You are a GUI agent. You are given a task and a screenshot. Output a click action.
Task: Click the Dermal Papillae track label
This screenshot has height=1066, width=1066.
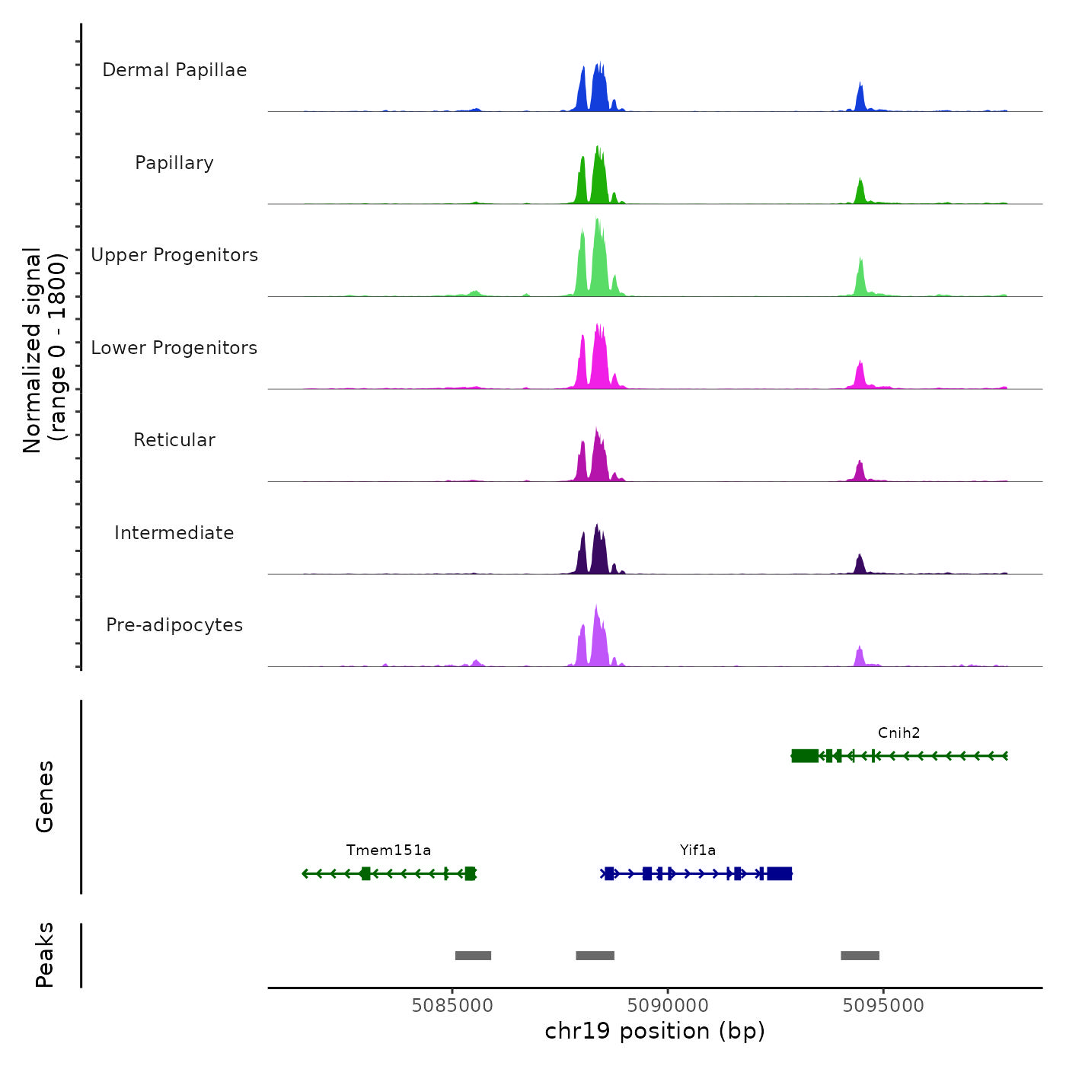point(174,70)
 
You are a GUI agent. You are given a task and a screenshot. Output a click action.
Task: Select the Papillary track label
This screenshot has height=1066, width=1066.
point(174,163)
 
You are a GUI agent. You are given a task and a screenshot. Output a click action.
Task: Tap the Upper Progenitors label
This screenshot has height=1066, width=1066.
point(174,255)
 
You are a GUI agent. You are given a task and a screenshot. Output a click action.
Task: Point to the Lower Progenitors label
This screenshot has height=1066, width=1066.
point(174,348)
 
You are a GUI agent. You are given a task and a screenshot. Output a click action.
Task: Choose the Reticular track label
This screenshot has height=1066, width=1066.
point(174,440)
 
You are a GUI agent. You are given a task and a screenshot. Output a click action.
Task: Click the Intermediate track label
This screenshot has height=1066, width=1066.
point(174,533)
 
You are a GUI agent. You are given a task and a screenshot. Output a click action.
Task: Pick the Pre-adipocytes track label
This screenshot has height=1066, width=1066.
point(174,625)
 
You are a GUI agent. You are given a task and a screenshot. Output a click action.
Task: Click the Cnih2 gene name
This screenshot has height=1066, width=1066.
point(898,733)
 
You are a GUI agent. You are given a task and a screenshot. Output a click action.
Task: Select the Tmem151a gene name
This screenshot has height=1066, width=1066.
point(388,851)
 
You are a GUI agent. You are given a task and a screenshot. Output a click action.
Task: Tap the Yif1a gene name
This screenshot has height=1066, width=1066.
point(697,851)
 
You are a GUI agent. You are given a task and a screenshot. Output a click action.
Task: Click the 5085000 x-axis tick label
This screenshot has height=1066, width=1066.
point(452,1006)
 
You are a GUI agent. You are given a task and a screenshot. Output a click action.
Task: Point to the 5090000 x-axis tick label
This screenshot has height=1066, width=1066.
point(668,1006)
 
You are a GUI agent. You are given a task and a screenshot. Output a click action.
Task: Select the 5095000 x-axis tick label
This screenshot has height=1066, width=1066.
point(883,1006)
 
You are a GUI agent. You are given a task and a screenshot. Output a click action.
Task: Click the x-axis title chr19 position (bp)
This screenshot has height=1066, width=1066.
point(655,1031)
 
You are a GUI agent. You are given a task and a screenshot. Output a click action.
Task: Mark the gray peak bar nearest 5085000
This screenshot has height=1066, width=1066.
point(473,956)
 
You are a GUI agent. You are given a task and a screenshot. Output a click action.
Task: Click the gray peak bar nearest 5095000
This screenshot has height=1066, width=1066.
point(860,956)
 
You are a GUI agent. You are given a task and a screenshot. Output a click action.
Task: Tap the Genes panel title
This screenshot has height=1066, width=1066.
point(45,796)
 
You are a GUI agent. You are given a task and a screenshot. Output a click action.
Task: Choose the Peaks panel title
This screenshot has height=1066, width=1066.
point(45,955)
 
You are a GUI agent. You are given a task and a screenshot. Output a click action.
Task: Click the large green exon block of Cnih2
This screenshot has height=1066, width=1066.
point(805,755)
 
